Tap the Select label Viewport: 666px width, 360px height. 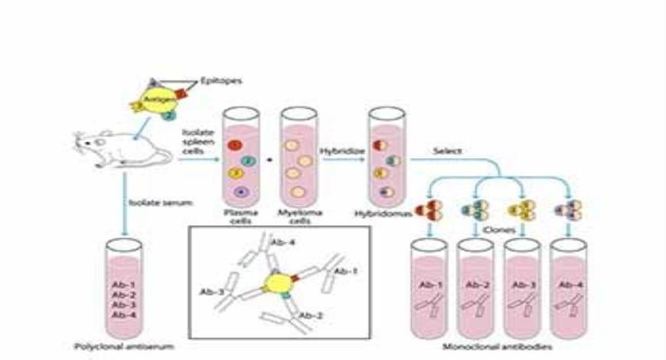coord(447,150)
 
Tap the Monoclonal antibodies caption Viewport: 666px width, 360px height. coord(500,346)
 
